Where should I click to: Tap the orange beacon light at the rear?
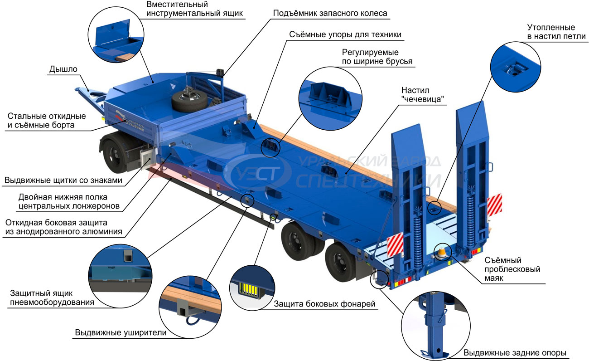pos(441,253)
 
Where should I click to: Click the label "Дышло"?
pos(63,69)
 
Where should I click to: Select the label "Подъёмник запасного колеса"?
pos(330,13)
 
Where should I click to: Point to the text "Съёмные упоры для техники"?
pos(345,34)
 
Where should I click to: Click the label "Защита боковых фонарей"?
pos(324,304)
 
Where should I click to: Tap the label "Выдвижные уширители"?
pos(121,332)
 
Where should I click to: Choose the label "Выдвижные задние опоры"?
pos(515,352)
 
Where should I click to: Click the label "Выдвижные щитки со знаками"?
pos(63,180)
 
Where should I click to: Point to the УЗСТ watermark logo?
pos(257,173)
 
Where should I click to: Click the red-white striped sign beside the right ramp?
pos(494,205)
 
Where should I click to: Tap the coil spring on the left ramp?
pos(417,239)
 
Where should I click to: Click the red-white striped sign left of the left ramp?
pos(395,245)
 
